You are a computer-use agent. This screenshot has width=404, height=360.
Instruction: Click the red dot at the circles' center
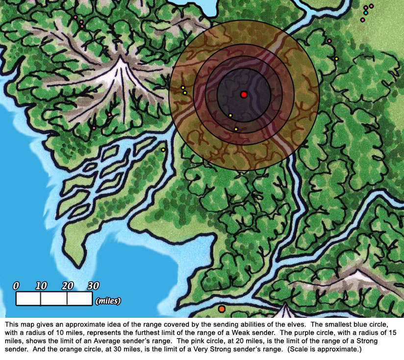point(244,95)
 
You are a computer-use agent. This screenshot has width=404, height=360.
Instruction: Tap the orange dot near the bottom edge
point(222,309)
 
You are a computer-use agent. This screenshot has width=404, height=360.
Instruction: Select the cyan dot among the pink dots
point(366,13)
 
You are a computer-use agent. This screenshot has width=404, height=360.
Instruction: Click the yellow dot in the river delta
point(163,150)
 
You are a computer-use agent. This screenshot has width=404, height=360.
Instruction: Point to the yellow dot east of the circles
point(336,59)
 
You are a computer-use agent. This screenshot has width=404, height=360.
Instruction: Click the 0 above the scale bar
point(16,286)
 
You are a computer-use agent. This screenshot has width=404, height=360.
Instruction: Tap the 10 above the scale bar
point(41,286)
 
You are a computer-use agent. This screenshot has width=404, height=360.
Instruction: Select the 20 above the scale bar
point(68,286)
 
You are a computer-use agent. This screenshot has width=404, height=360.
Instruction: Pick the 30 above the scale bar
point(93,286)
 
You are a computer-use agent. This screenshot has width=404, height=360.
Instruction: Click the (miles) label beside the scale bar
point(109,300)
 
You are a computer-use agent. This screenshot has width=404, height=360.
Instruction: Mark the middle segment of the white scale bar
point(54,299)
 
